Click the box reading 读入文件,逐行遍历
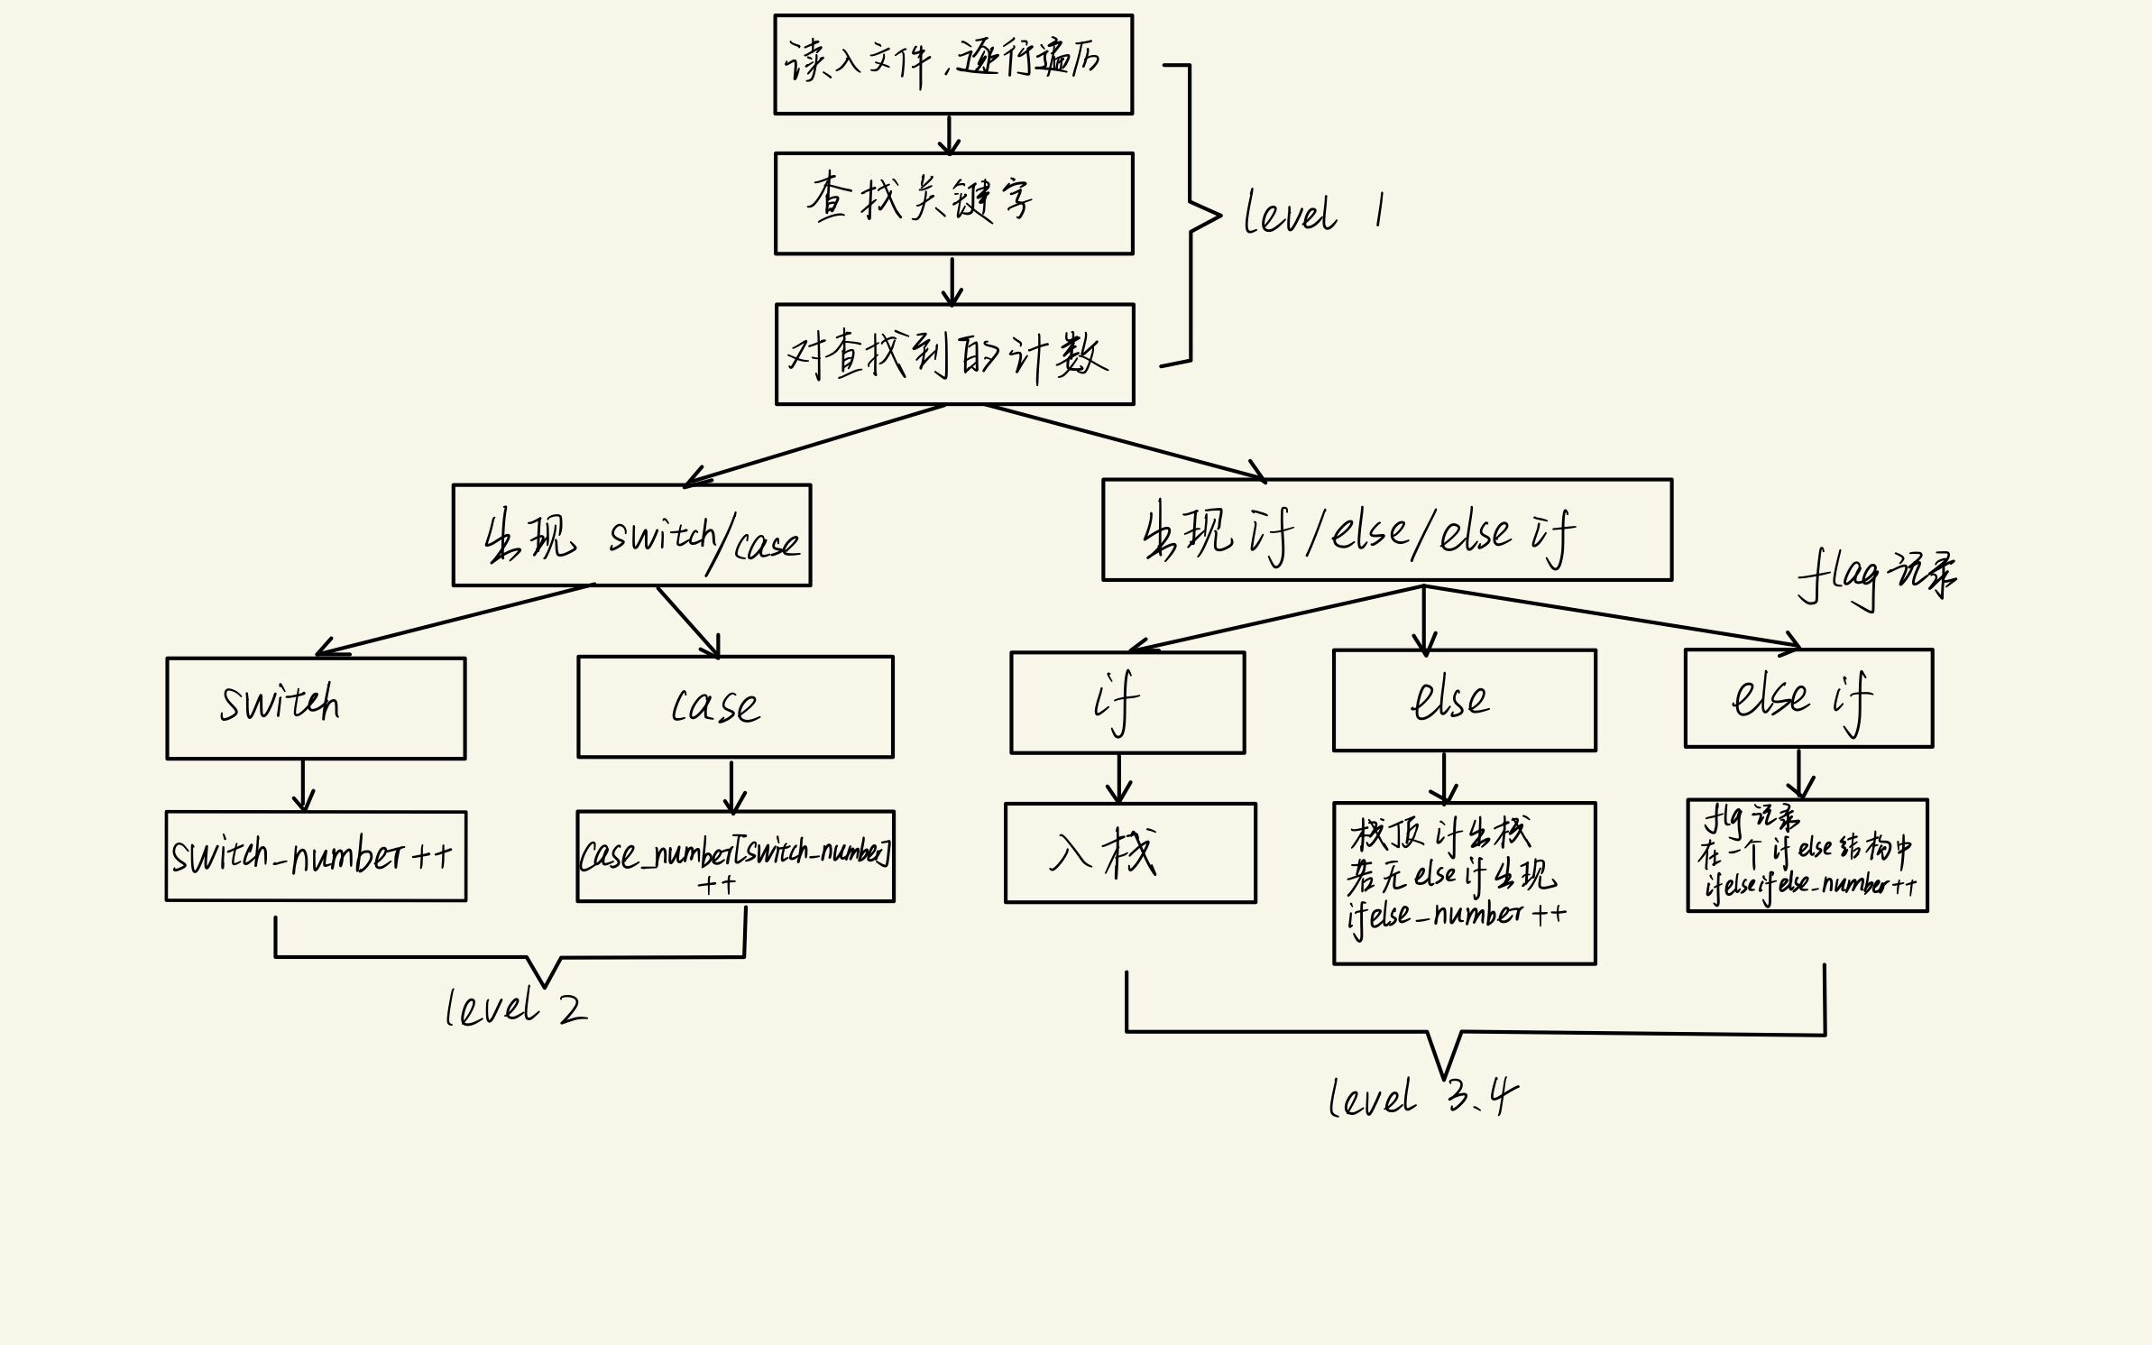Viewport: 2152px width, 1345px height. (953, 64)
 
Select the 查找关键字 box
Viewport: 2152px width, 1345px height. (953, 203)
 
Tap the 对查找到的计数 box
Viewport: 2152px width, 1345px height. (954, 355)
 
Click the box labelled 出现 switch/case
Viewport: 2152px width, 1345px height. (631, 536)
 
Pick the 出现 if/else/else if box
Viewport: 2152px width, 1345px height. (1386, 530)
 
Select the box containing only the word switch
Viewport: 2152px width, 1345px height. (316, 708)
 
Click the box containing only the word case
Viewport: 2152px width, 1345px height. (735, 706)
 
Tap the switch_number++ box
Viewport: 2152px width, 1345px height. (316, 856)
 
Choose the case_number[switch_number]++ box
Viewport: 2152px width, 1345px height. (735, 856)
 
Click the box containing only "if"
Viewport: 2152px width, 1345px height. (1127, 703)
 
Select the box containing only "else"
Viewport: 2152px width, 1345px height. (1464, 700)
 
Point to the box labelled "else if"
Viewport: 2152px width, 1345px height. (1808, 698)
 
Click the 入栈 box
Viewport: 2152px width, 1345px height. (1130, 852)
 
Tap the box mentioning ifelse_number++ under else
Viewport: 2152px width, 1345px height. (1464, 883)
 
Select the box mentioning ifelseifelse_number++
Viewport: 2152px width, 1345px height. (1807, 855)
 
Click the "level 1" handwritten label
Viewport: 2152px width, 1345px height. (1312, 214)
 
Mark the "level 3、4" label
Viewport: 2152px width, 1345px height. (1422, 1098)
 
